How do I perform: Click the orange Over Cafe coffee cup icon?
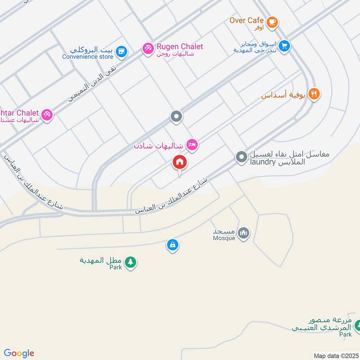(x=272, y=21)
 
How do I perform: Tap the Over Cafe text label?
(x=247, y=20)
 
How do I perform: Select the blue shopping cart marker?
(x=283, y=45)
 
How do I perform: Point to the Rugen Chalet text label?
(x=180, y=46)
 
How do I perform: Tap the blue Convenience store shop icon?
(x=120, y=52)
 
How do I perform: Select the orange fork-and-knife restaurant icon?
(x=314, y=94)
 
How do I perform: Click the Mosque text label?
(x=225, y=238)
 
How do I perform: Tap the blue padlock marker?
(x=172, y=245)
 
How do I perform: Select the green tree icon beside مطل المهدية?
(x=130, y=262)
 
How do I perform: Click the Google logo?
(x=19, y=353)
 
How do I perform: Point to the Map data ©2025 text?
(x=335, y=355)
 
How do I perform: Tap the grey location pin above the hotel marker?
(x=176, y=117)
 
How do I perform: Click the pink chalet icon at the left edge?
(x=47, y=115)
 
